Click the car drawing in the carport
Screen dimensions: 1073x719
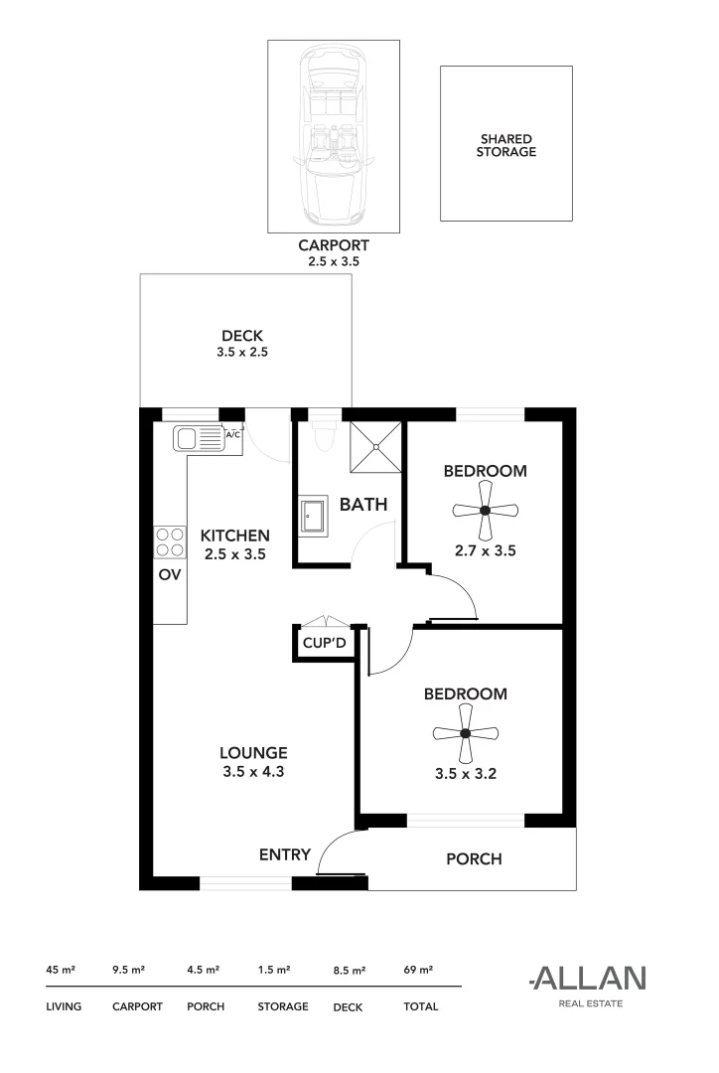[333, 136]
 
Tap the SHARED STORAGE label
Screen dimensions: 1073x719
[505, 146]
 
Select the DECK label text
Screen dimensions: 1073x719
[242, 336]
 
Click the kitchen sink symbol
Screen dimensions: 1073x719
[198, 438]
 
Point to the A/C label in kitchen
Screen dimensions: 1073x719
[233, 435]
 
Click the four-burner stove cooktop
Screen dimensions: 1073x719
[169, 541]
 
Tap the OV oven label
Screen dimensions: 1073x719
[169, 575]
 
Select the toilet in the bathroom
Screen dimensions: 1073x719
[322, 434]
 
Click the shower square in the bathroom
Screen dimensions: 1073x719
[376, 445]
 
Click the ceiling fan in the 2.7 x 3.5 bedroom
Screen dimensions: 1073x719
[485, 511]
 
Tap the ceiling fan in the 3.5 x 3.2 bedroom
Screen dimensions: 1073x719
[466, 734]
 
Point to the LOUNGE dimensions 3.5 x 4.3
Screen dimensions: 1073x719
[253, 770]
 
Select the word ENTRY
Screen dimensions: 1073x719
[285, 854]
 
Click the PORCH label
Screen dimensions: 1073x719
[474, 859]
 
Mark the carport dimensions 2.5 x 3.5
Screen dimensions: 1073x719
[334, 262]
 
